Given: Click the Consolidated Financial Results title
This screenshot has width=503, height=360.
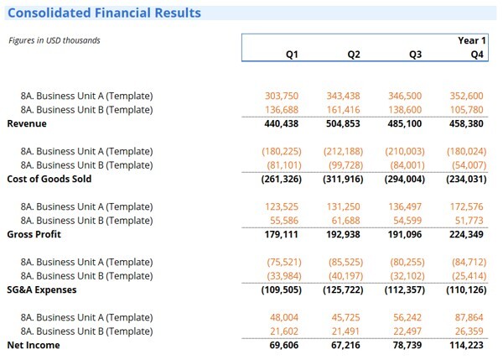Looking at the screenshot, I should pyautogui.click(x=104, y=13).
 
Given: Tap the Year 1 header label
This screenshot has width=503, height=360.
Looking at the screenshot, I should pyautogui.click(x=470, y=40).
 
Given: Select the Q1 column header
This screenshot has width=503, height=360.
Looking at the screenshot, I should pyautogui.click(x=292, y=55).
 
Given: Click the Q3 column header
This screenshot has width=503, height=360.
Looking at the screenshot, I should pyautogui.click(x=415, y=55).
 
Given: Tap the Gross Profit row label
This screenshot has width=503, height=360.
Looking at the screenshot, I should pyautogui.click(x=33, y=234).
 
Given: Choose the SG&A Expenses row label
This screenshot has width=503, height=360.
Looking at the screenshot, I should pyautogui.click(x=42, y=290).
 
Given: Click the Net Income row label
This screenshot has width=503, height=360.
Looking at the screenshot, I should pyautogui.click(x=31, y=345).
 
